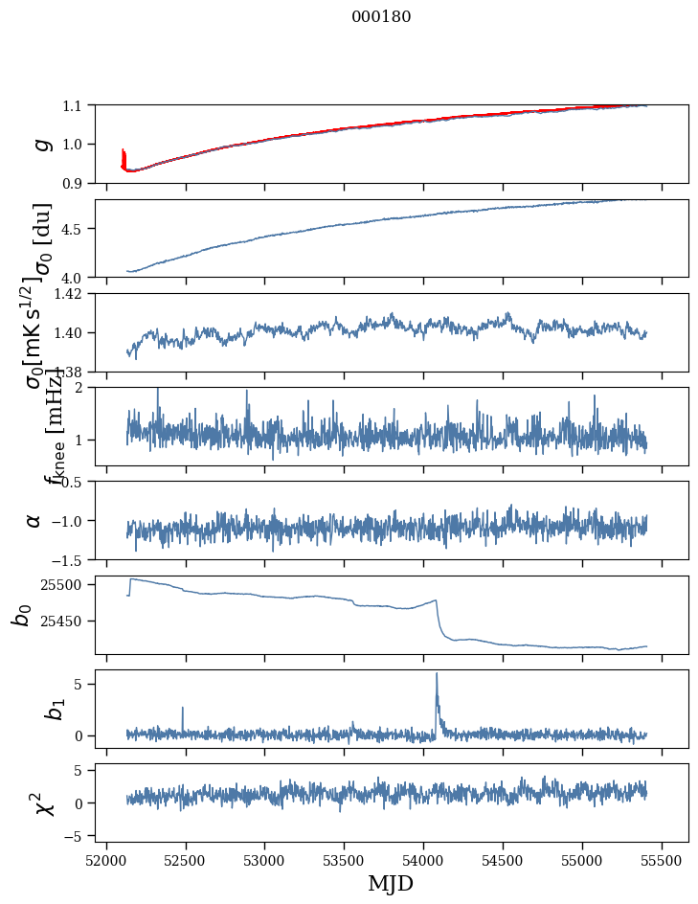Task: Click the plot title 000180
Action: coord(381,17)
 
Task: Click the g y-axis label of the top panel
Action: coord(38,144)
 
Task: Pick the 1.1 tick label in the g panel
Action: coord(73,105)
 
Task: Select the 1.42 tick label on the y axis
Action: coord(69,294)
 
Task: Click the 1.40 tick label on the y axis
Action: coord(69,333)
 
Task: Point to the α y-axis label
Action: coord(34,520)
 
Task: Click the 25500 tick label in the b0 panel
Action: coord(63,584)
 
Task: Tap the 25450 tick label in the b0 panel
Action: coord(63,621)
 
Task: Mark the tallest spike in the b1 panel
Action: coord(437,674)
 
